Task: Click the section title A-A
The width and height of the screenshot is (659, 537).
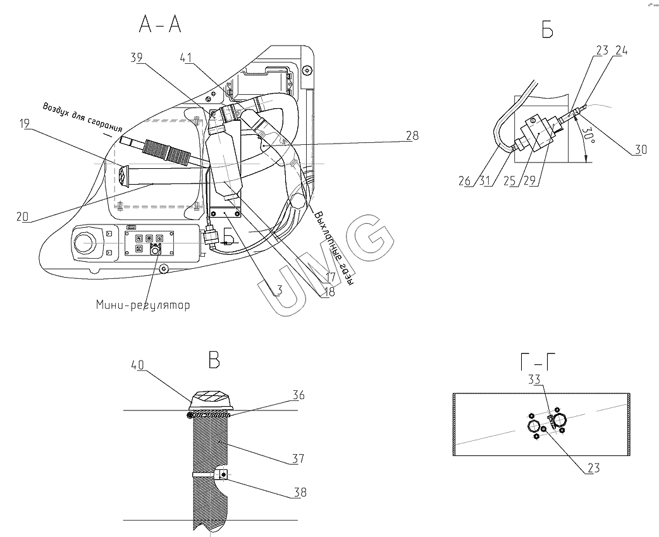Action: tap(160, 25)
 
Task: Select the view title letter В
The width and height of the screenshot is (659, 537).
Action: tap(214, 360)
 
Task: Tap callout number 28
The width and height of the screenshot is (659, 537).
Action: tap(412, 135)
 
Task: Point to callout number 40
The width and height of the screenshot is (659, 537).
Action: tap(137, 365)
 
